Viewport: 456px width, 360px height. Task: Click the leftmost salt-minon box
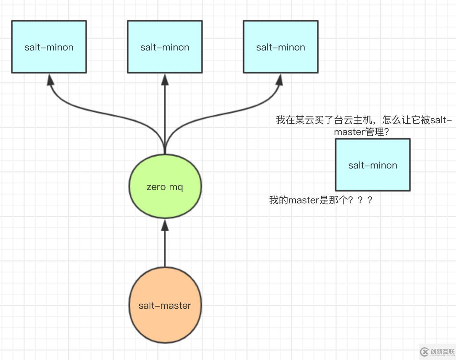coord(49,47)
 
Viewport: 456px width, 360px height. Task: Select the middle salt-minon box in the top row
coord(165,47)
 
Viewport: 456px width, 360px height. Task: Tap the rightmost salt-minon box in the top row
coord(281,47)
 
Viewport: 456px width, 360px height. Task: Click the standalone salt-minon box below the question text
coord(373,165)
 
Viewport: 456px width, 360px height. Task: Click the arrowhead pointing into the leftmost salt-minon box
coord(51,79)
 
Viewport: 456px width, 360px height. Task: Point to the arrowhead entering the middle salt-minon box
coord(165,79)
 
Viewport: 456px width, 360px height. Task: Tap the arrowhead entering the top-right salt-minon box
coord(279,79)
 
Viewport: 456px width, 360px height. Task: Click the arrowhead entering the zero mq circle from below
coord(165,225)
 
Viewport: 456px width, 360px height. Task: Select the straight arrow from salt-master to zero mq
coord(165,249)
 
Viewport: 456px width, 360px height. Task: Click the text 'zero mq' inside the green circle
coord(165,187)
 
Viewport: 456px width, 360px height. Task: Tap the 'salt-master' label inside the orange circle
coord(165,305)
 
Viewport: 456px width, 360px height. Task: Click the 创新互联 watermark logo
coord(438,351)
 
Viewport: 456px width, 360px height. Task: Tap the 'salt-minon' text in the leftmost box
coord(49,47)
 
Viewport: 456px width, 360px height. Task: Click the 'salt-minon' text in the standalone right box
coord(373,165)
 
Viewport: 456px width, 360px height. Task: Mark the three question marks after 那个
coord(360,200)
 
